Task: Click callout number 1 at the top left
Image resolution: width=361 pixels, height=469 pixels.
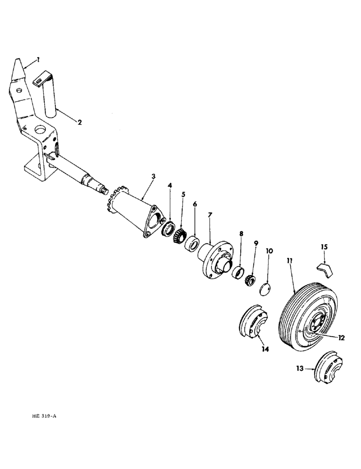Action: [38, 60]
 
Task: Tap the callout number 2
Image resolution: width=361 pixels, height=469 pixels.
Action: [79, 123]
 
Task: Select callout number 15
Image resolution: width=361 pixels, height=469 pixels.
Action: [325, 246]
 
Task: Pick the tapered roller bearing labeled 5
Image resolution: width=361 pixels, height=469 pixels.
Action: [181, 234]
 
